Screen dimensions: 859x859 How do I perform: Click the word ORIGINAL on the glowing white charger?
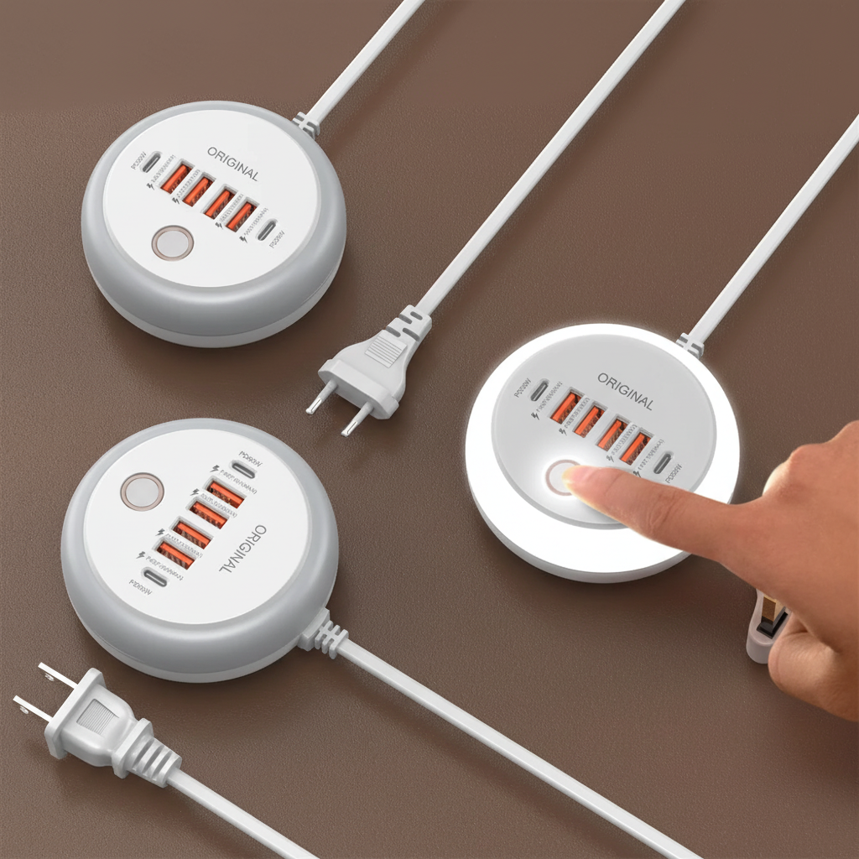point(625,388)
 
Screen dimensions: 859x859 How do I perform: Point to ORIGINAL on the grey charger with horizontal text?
point(232,163)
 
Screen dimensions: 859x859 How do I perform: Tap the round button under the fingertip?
point(560,477)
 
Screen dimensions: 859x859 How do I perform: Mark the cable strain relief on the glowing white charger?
point(690,342)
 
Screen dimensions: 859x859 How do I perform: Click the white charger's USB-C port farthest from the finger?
point(539,389)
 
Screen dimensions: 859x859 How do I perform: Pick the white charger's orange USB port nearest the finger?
point(634,447)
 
